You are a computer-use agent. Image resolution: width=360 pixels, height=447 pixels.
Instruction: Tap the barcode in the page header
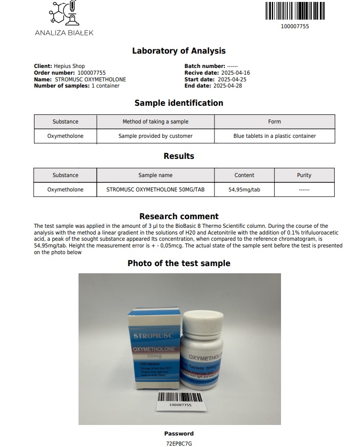click(x=294, y=11)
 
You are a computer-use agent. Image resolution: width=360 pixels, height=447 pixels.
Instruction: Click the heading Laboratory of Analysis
click(x=179, y=51)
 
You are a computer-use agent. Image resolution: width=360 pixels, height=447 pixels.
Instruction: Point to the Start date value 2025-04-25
click(x=232, y=79)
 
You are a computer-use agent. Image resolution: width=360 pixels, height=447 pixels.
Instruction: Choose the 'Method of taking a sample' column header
click(x=156, y=122)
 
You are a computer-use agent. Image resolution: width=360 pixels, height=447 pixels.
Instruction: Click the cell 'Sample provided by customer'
click(x=156, y=136)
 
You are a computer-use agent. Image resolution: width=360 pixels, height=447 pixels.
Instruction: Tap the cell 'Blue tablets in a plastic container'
click(x=274, y=136)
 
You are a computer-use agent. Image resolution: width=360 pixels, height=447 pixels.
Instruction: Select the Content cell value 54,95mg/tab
click(x=244, y=190)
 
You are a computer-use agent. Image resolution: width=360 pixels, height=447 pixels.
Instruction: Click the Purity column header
click(x=304, y=175)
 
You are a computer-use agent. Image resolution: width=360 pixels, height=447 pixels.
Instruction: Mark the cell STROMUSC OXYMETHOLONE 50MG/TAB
click(x=156, y=190)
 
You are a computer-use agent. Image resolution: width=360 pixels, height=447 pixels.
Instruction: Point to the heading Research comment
click(x=179, y=216)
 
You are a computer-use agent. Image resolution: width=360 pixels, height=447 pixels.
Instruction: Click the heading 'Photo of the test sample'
click(x=179, y=263)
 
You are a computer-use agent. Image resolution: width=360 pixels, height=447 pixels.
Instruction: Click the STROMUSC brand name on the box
click(x=154, y=336)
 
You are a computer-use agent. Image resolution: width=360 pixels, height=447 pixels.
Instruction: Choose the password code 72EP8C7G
click(x=179, y=444)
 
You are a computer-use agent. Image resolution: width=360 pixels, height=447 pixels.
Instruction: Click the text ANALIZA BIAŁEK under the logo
click(x=64, y=33)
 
